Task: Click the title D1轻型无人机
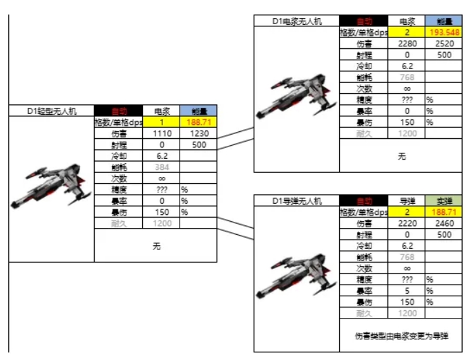click(x=52, y=111)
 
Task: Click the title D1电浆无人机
click(x=296, y=21)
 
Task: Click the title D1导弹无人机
click(x=296, y=201)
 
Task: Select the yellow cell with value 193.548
click(x=444, y=32)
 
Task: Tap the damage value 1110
click(x=162, y=133)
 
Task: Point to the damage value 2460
click(x=444, y=223)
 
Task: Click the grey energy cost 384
click(x=162, y=167)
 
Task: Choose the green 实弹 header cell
click(x=444, y=201)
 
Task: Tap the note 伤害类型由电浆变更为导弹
click(x=402, y=336)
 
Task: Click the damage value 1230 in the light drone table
click(x=199, y=133)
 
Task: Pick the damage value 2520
click(x=444, y=44)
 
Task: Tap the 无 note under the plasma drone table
click(x=402, y=157)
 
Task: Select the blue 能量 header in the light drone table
click(x=199, y=111)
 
